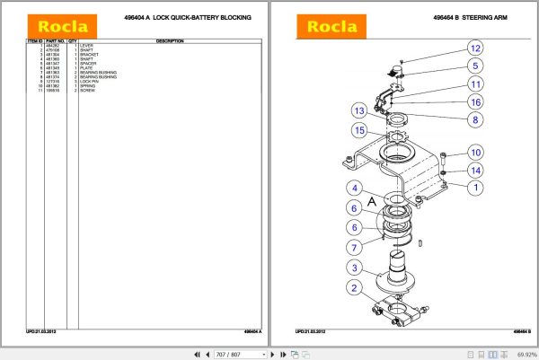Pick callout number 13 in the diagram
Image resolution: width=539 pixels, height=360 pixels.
click(x=358, y=111)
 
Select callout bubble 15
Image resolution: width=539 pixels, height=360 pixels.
click(x=358, y=131)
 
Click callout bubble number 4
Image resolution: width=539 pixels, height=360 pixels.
click(x=357, y=189)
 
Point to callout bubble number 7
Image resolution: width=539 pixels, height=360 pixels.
click(x=357, y=247)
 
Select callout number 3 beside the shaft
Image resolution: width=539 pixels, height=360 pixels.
click(x=357, y=268)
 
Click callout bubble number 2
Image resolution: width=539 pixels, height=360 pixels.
click(x=357, y=288)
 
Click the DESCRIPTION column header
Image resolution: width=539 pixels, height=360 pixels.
click(x=170, y=41)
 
